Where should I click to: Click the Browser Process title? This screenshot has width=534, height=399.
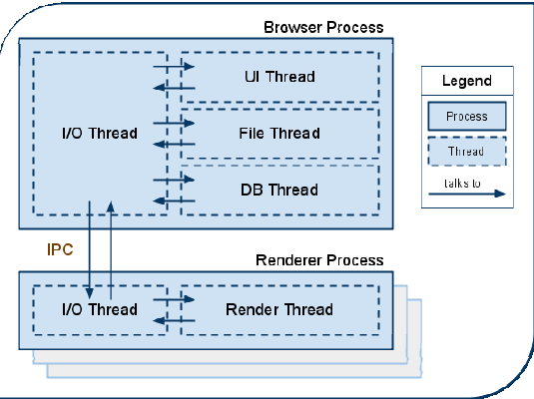click(323, 27)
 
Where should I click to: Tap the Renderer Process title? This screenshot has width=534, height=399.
click(319, 260)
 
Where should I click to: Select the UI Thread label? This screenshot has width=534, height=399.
click(279, 77)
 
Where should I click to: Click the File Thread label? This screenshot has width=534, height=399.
click(279, 133)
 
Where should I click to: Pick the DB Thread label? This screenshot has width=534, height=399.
click(279, 190)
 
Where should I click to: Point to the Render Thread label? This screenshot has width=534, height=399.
click(279, 309)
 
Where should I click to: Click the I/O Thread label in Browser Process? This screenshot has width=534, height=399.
click(100, 133)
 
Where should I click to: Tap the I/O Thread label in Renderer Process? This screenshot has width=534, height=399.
click(100, 309)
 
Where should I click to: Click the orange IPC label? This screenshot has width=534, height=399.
click(60, 249)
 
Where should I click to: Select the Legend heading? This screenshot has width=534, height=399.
click(467, 81)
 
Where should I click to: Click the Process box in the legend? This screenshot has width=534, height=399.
click(467, 116)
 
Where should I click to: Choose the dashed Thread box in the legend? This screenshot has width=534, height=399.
click(467, 152)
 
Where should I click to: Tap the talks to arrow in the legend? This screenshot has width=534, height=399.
click(467, 194)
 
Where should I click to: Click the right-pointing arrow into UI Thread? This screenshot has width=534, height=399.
click(174, 66)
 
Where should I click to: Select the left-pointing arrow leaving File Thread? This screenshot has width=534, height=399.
click(174, 144)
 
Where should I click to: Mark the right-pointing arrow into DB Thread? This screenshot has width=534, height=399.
click(174, 180)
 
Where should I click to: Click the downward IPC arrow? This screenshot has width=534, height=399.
click(89, 250)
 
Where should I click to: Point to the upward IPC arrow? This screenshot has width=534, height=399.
click(111, 250)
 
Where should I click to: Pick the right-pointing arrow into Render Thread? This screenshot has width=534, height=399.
click(174, 299)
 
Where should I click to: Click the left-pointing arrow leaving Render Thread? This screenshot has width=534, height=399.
click(174, 320)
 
